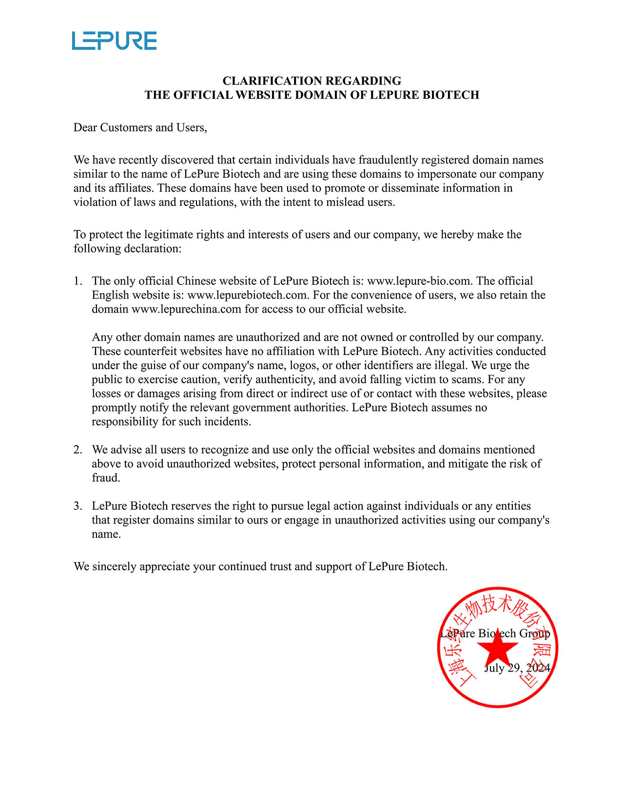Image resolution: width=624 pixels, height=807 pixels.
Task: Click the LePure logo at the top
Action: (x=114, y=41)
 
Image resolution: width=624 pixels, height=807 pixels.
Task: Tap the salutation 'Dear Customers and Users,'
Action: (x=140, y=128)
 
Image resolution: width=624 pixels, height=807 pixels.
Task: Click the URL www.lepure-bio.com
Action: (x=419, y=281)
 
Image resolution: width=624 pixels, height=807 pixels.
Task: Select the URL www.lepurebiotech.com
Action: (x=248, y=295)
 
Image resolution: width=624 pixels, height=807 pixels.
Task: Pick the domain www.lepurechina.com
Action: (x=187, y=309)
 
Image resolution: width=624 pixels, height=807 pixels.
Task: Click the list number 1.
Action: (x=78, y=281)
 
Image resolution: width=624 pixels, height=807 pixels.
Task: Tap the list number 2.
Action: (x=78, y=450)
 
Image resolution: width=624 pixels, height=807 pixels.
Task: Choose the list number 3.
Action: (x=78, y=507)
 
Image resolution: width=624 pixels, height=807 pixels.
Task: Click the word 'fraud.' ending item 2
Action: (x=106, y=478)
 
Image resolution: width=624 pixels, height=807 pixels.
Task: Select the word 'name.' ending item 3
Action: (x=106, y=535)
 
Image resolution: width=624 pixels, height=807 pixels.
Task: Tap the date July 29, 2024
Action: (x=517, y=668)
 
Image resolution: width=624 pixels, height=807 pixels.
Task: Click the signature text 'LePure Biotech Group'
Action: (x=495, y=634)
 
